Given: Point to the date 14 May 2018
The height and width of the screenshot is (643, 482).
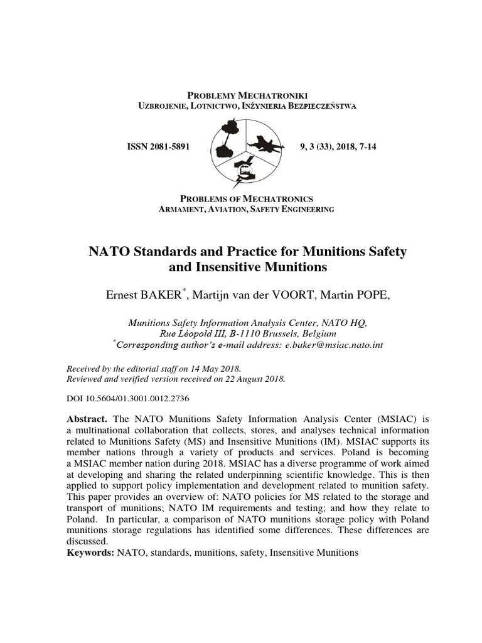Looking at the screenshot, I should pyautogui.click(x=210, y=369).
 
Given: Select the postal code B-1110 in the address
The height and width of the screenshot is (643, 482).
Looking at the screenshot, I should pyautogui.click(x=235, y=333).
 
